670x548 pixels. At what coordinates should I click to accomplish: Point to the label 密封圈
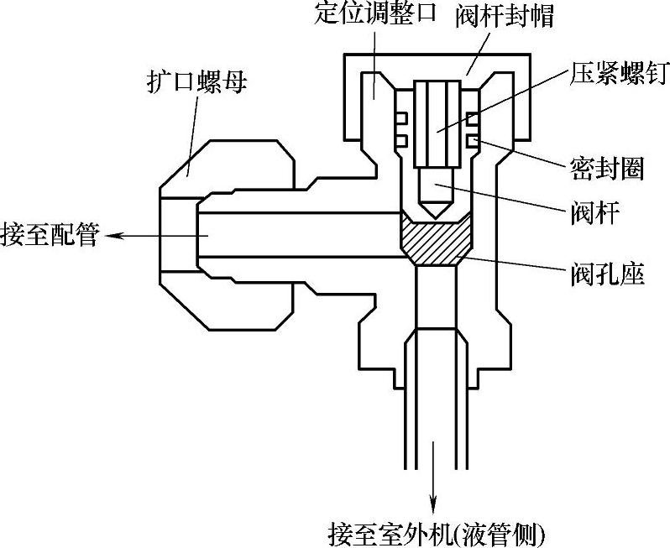pyautogui.click(x=601, y=169)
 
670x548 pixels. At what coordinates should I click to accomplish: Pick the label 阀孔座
pyautogui.click(x=605, y=274)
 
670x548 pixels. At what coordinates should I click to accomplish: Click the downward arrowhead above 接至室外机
pyautogui.click(x=433, y=506)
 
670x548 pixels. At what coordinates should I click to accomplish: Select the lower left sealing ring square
pyautogui.click(x=401, y=138)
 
